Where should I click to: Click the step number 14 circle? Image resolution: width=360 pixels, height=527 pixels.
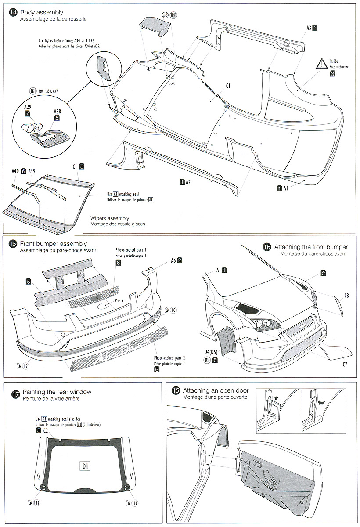(13, 13)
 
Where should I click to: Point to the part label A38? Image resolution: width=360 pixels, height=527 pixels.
(57, 112)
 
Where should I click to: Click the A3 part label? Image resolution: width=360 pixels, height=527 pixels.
(309, 27)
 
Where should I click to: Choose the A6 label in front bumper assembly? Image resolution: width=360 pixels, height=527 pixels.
(173, 260)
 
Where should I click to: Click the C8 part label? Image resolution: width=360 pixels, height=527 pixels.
(346, 296)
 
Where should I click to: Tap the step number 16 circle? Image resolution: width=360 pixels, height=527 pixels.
(266, 247)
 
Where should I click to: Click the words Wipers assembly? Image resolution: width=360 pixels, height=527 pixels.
(110, 218)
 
